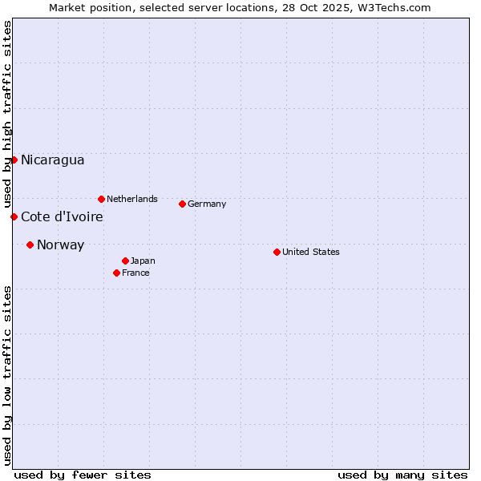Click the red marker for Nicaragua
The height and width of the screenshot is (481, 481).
coord(14,160)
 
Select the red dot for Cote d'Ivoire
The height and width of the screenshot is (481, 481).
coord(14,216)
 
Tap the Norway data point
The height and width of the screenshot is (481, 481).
coord(30,245)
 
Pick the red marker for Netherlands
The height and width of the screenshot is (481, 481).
coord(101,199)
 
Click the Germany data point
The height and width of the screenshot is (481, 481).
coord(182,204)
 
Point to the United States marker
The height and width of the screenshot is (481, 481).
coord(277,252)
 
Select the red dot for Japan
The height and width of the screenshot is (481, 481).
coord(125,261)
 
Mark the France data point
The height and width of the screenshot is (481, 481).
coord(116,273)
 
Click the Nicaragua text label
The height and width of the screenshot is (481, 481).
coord(52,160)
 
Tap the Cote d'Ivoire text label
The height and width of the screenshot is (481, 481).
coord(62,217)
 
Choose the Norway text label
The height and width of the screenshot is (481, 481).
coord(60,245)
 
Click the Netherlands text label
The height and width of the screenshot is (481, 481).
coord(131,199)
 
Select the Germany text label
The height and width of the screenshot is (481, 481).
coord(207,204)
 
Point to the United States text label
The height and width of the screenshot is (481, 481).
coord(311,252)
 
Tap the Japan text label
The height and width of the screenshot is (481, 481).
coord(143,261)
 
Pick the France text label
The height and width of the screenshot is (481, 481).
coord(135,273)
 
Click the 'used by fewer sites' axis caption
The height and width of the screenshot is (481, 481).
coord(83,475)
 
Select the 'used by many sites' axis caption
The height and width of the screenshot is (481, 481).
coord(402,475)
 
